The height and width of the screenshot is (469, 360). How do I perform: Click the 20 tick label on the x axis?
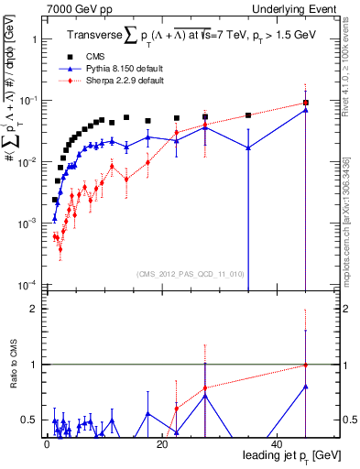pos(162,443)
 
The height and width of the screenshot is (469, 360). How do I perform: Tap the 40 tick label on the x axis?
pos(278,443)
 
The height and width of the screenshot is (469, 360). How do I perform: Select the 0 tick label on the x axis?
pos(46,443)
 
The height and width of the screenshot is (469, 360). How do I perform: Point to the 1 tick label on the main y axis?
pos(34,40)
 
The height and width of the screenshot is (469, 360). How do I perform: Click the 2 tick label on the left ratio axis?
pos(33,310)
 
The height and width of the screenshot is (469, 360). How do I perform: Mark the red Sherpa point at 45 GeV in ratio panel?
pos(306,365)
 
